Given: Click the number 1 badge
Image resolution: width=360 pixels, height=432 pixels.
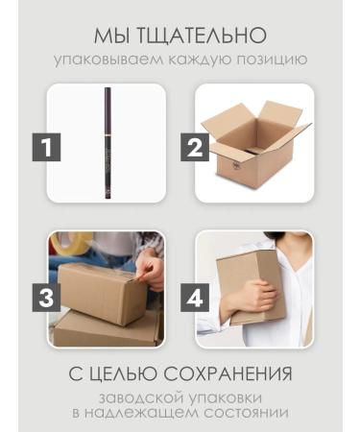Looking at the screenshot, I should coord(50,148).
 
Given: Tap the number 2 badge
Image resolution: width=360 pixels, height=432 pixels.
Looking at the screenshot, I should coord(196,148).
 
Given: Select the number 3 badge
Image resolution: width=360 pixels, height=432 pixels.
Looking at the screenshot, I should coord(50,297).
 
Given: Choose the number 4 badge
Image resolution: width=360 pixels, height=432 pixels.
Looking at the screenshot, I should coord(196,297).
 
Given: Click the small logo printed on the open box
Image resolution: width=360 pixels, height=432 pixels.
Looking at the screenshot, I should coord(234,165).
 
